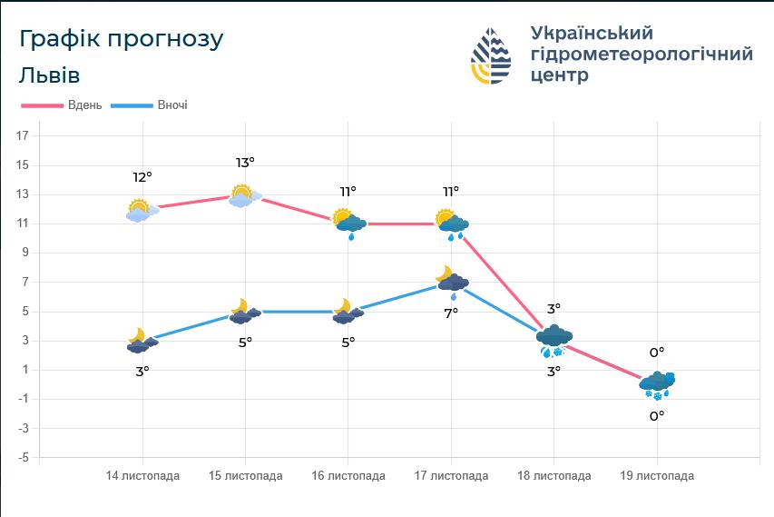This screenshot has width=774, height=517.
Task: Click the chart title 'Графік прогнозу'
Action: tap(121, 39)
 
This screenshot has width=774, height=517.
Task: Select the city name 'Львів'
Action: tap(49, 75)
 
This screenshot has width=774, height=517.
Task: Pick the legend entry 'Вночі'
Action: tap(172, 105)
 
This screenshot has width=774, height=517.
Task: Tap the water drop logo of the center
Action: tap(491, 55)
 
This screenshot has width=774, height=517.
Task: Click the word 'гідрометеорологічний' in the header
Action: tap(642, 54)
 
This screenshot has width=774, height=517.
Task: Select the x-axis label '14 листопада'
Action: tap(142, 476)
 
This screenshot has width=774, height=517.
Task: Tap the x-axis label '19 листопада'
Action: tap(657, 476)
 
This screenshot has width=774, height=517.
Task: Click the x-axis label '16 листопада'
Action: tap(348, 476)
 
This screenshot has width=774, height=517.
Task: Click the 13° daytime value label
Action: tap(245, 163)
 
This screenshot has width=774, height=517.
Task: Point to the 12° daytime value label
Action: tap(142, 177)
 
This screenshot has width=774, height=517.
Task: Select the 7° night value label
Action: tap(451, 313)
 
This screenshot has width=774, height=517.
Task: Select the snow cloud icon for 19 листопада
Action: tap(657, 384)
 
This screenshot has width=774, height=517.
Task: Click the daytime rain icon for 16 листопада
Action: tap(349, 223)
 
